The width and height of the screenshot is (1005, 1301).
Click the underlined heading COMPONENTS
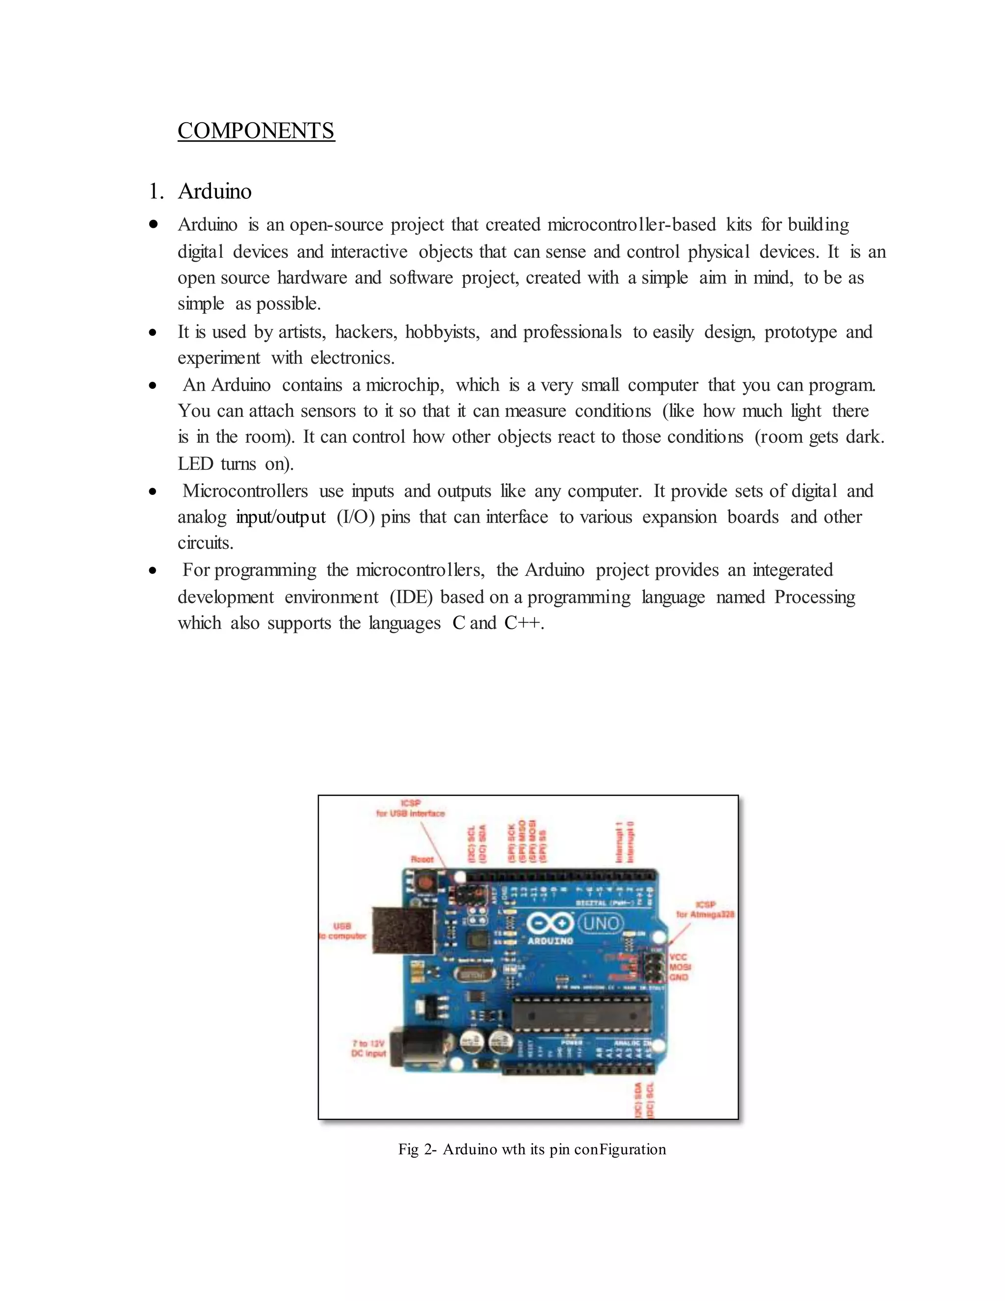(x=256, y=131)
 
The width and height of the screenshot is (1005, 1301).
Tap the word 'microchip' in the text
(x=404, y=385)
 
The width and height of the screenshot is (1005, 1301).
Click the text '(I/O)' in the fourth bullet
(x=355, y=517)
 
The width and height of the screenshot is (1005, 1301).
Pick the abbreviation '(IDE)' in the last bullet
(x=411, y=597)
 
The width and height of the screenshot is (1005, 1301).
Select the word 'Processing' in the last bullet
(x=815, y=597)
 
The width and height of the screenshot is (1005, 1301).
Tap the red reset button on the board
(x=424, y=882)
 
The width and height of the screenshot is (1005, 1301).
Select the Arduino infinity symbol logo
(x=550, y=924)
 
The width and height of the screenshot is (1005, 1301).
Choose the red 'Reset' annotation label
(x=422, y=859)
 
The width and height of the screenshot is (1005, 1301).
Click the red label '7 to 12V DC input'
(x=369, y=1049)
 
